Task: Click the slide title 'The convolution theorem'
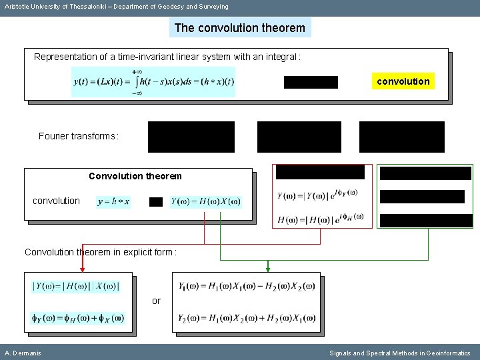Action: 240,28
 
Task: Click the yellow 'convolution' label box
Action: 403,81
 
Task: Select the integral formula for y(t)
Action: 153,82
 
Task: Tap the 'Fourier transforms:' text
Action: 79,137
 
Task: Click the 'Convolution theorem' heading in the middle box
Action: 135,177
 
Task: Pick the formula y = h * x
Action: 113,201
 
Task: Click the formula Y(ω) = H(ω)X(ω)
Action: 205,201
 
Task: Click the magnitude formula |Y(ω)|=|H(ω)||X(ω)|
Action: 75,287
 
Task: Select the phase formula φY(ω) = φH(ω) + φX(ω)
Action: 77,318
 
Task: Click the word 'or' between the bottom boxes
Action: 156,301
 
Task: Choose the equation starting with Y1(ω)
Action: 246,287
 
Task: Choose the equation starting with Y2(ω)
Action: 246,318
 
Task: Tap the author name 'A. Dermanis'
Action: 23,353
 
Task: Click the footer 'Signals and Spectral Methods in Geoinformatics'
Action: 399,353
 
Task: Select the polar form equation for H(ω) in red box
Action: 321,218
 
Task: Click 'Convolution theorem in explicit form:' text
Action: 100,253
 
